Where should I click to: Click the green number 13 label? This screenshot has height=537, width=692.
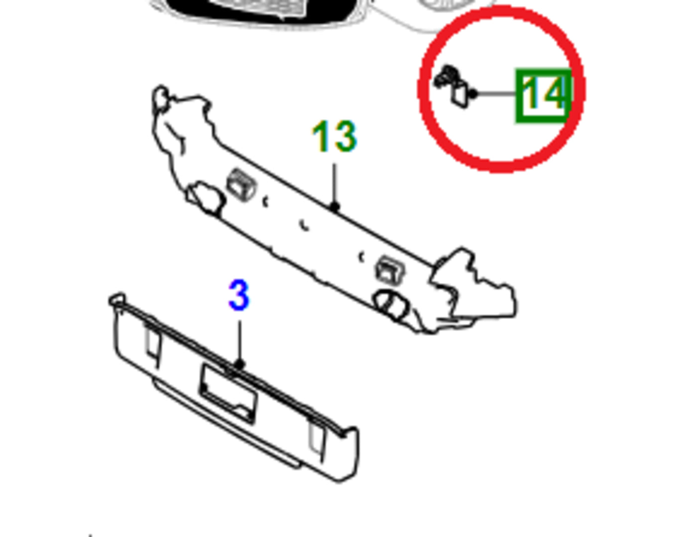click(335, 136)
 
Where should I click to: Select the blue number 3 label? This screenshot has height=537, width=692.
click(239, 295)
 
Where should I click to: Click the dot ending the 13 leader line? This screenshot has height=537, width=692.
click(334, 207)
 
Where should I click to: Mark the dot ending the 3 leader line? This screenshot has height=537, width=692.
click(239, 364)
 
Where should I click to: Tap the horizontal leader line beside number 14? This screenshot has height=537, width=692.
click(497, 94)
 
